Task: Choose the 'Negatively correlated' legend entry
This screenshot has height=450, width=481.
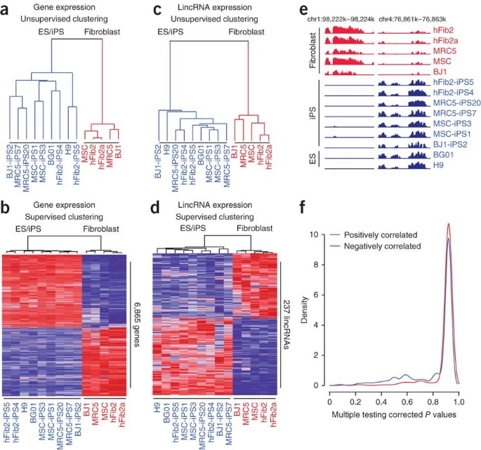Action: [395, 247]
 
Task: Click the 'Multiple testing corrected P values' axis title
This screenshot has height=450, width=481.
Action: [394, 416]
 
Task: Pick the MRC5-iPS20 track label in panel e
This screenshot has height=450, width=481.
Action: [452, 103]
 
